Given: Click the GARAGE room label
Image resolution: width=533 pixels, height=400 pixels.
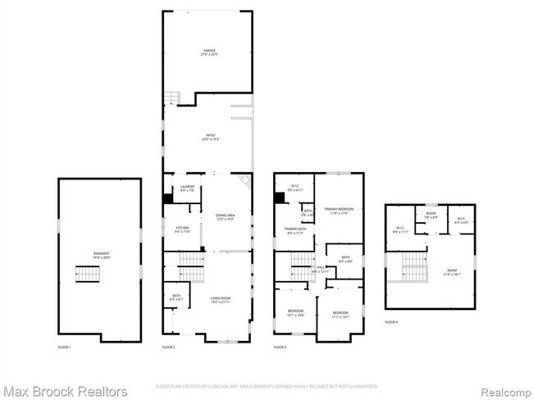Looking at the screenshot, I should [210, 52].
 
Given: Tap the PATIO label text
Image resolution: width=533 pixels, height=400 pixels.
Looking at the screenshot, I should [210, 138].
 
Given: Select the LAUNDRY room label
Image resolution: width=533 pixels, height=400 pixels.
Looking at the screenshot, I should [187, 189].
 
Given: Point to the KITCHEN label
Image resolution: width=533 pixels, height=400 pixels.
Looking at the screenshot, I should [182, 230].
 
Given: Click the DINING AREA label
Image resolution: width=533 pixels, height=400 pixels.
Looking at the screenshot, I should [225, 217].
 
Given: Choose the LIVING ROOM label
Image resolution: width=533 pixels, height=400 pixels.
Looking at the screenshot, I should [217, 299].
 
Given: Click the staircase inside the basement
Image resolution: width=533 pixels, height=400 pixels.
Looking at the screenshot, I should [86, 273].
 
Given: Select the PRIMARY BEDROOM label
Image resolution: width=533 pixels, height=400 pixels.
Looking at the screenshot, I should [339, 211].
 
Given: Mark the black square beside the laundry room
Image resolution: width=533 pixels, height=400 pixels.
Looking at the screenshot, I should [167, 198].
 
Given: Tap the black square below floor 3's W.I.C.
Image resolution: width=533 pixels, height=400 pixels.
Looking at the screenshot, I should [280, 198].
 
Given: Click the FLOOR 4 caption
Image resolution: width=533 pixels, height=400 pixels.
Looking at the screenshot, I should [392, 322].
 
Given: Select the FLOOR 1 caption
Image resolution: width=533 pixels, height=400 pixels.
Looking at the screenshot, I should [64, 348].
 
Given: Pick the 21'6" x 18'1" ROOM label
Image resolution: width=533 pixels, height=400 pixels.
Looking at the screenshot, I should [453, 273].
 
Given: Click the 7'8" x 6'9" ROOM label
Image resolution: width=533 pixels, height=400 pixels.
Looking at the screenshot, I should [430, 216].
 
